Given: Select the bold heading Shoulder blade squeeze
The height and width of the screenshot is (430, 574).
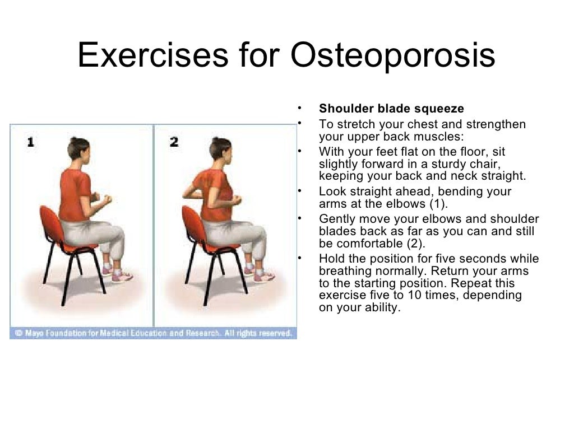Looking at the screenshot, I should point(391,108).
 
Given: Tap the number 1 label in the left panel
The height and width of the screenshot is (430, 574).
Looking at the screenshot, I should point(30,142).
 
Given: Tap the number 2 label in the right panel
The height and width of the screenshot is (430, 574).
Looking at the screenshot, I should point(174,142).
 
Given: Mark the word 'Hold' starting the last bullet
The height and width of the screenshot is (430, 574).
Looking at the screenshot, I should point(331,259).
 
